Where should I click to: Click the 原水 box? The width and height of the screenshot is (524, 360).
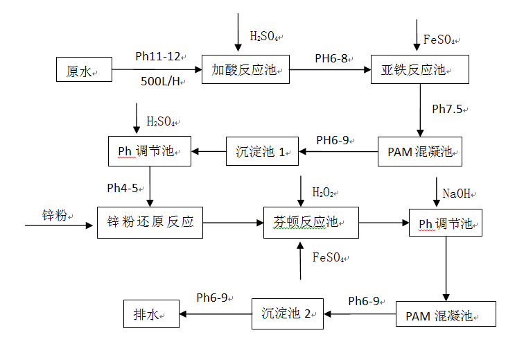click(x=84, y=69)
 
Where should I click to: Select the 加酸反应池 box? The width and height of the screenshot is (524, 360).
click(x=245, y=69)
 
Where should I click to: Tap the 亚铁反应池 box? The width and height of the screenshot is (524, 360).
click(x=420, y=69)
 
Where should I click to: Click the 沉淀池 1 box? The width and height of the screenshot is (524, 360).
click(x=262, y=151)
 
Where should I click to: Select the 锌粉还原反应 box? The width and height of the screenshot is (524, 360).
click(x=150, y=223)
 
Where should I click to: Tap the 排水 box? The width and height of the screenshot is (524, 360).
click(x=151, y=314)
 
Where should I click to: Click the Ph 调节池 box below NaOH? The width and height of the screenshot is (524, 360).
click(x=446, y=223)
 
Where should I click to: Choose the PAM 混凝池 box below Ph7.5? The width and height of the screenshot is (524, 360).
click(x=419, y=151)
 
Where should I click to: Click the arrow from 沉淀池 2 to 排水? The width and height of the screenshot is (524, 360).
click(x=215, y=314)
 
